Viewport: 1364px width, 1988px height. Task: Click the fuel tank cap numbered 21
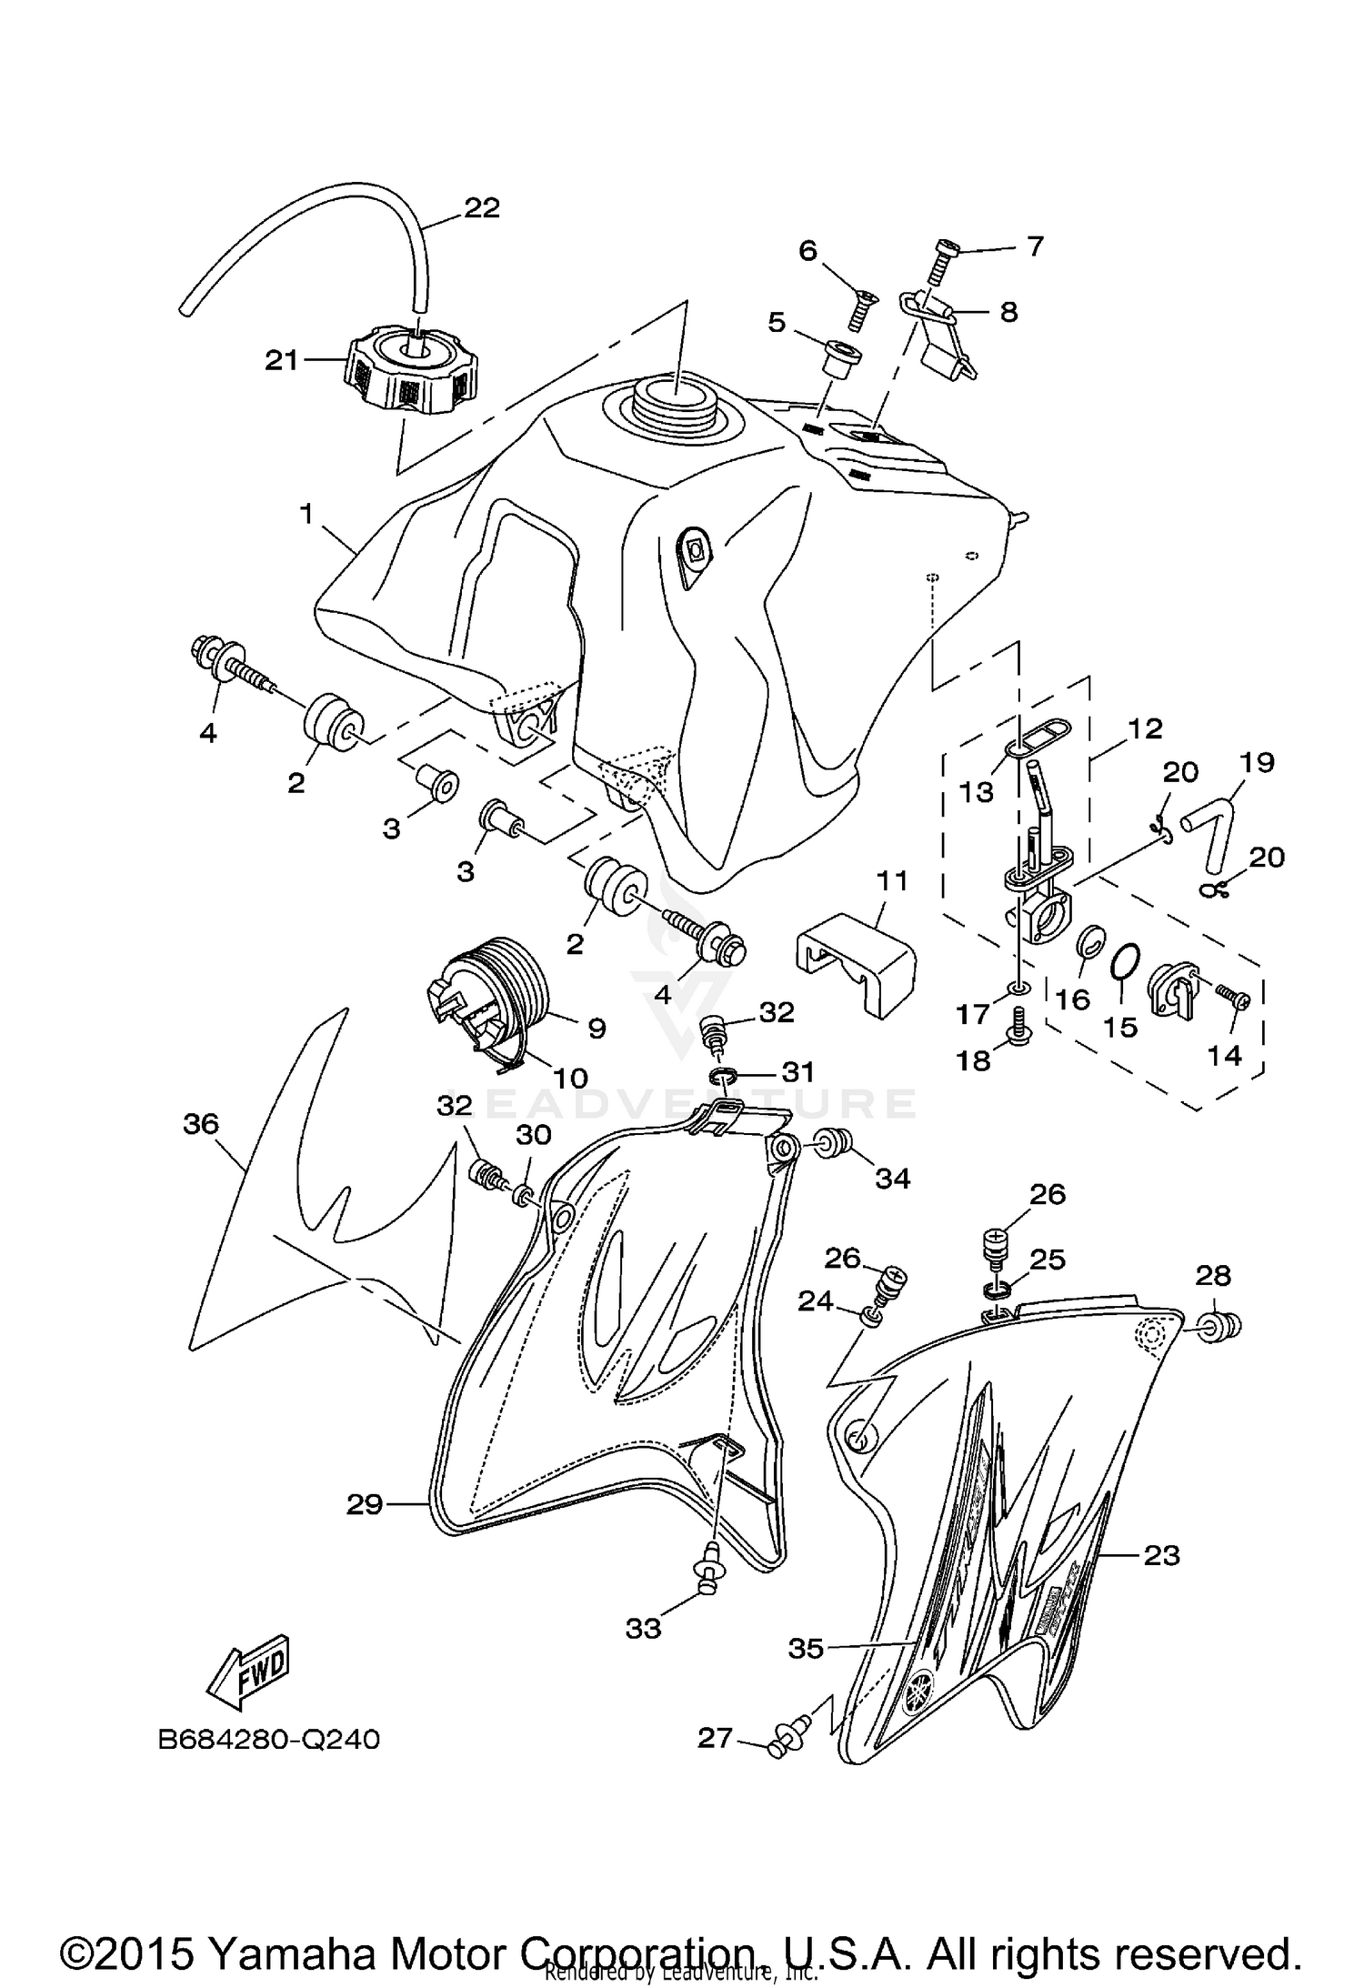(x=411, y=372)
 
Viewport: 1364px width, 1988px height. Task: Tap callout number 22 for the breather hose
(x=482, y=208)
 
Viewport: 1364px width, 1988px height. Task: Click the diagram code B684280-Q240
(x=269, y=1739)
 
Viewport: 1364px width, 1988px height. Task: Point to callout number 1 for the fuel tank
(x=306, y=515)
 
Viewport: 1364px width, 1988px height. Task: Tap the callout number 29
(x=365, y=1504)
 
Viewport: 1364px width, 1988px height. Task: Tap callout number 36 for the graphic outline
(x=201, y=1124)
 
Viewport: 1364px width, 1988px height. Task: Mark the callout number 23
(x=1161, y=1555)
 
